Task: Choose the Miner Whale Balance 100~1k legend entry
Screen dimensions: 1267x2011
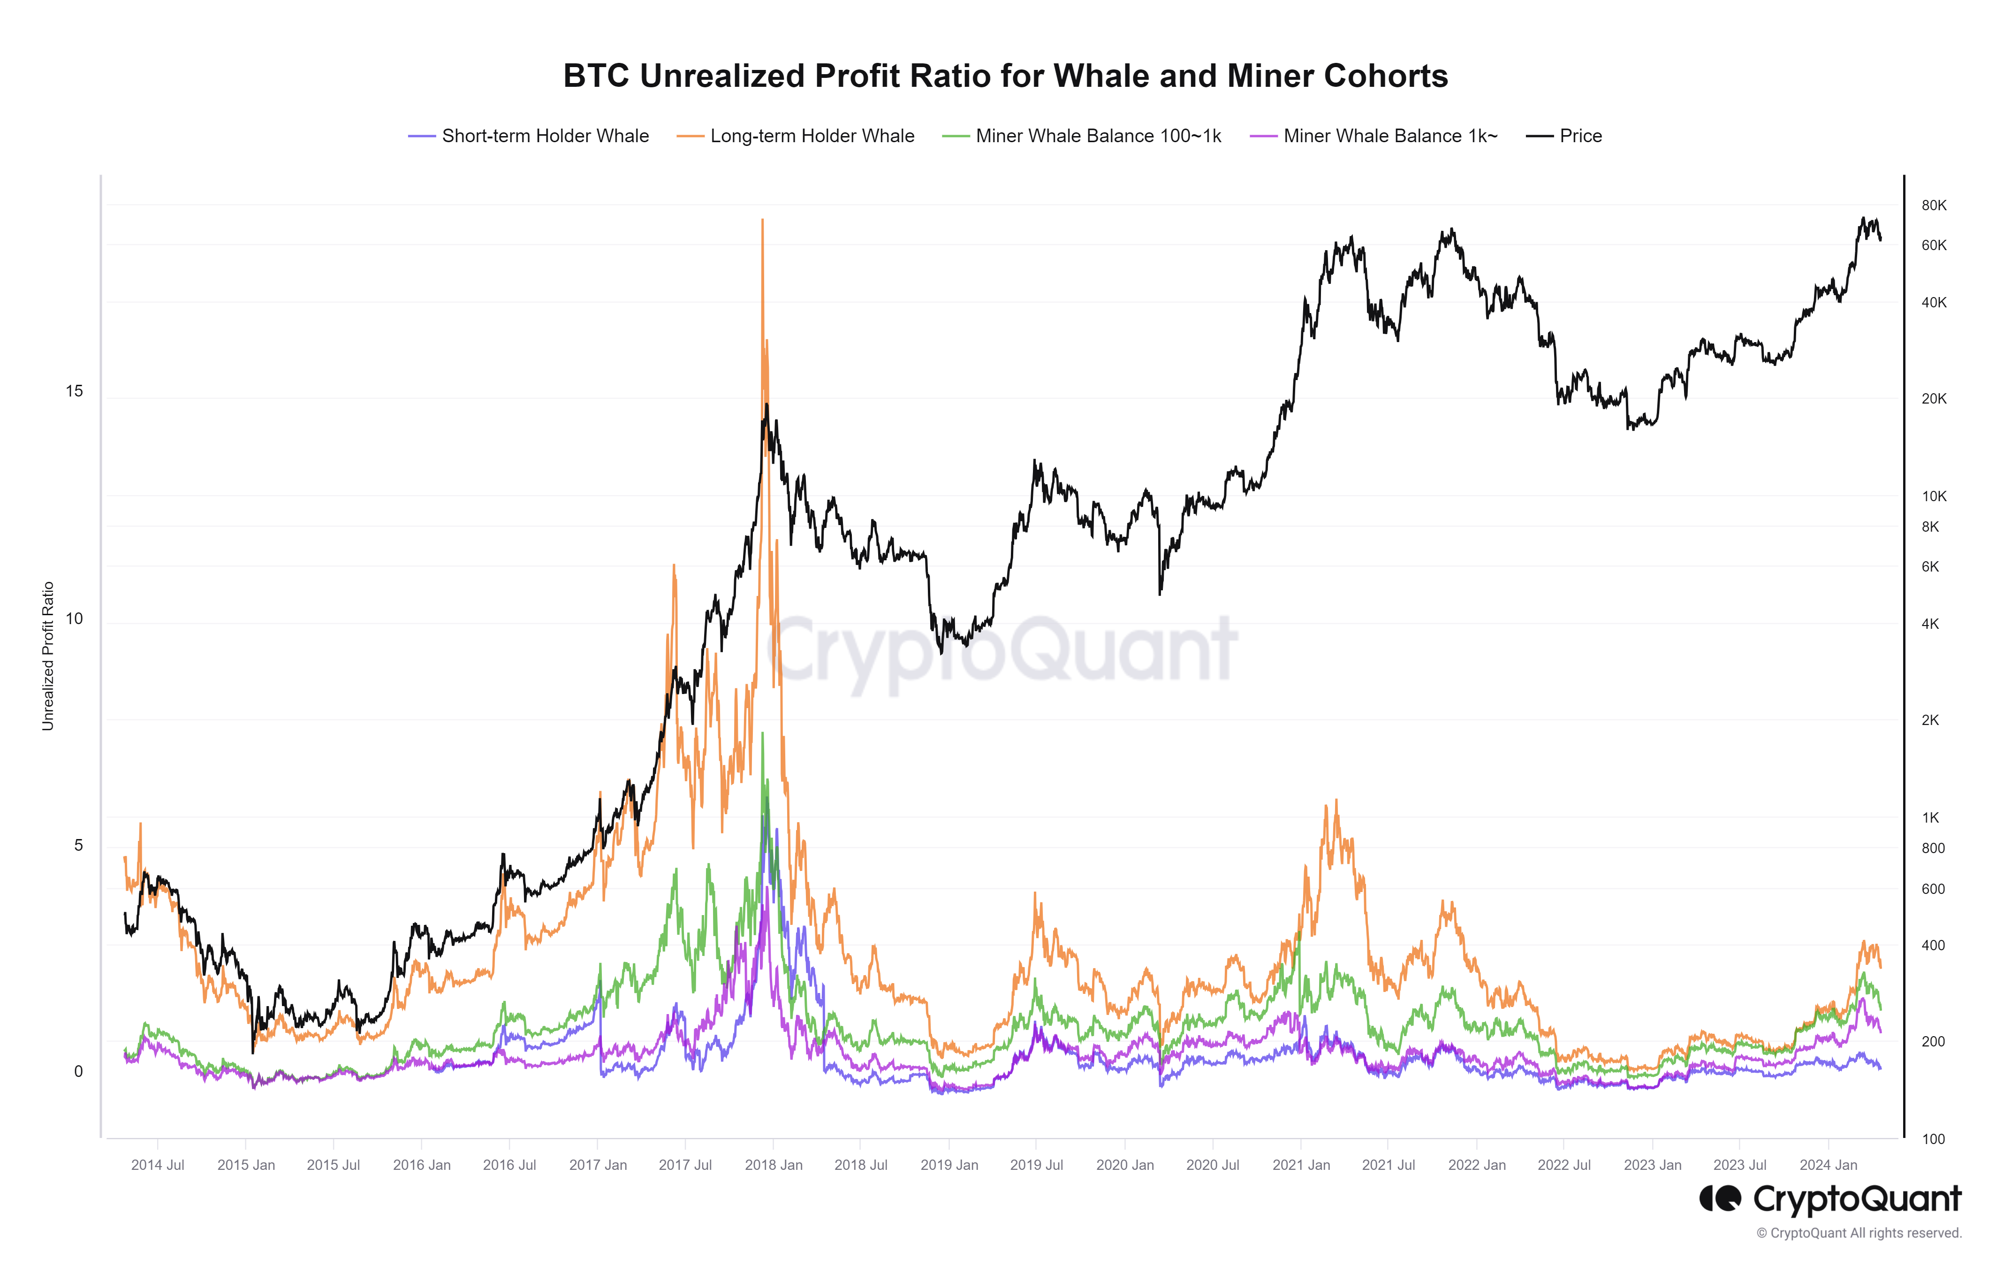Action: coord(1097,136)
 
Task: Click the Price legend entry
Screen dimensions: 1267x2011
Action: coord(1580,136)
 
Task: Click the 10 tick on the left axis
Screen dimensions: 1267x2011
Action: coord(74,619)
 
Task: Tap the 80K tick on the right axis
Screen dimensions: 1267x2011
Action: coord(1933,206)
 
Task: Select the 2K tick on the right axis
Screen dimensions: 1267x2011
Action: coord(1930,720)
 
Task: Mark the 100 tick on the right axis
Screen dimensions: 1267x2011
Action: coord(1933,1139)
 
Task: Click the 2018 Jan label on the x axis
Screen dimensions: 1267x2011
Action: coord(774,1165)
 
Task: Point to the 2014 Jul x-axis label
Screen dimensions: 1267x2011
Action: coord(158,1165)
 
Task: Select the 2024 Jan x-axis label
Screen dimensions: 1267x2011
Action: coord(1828,1165)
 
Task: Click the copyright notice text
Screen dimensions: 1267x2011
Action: coord(1858,1234)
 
